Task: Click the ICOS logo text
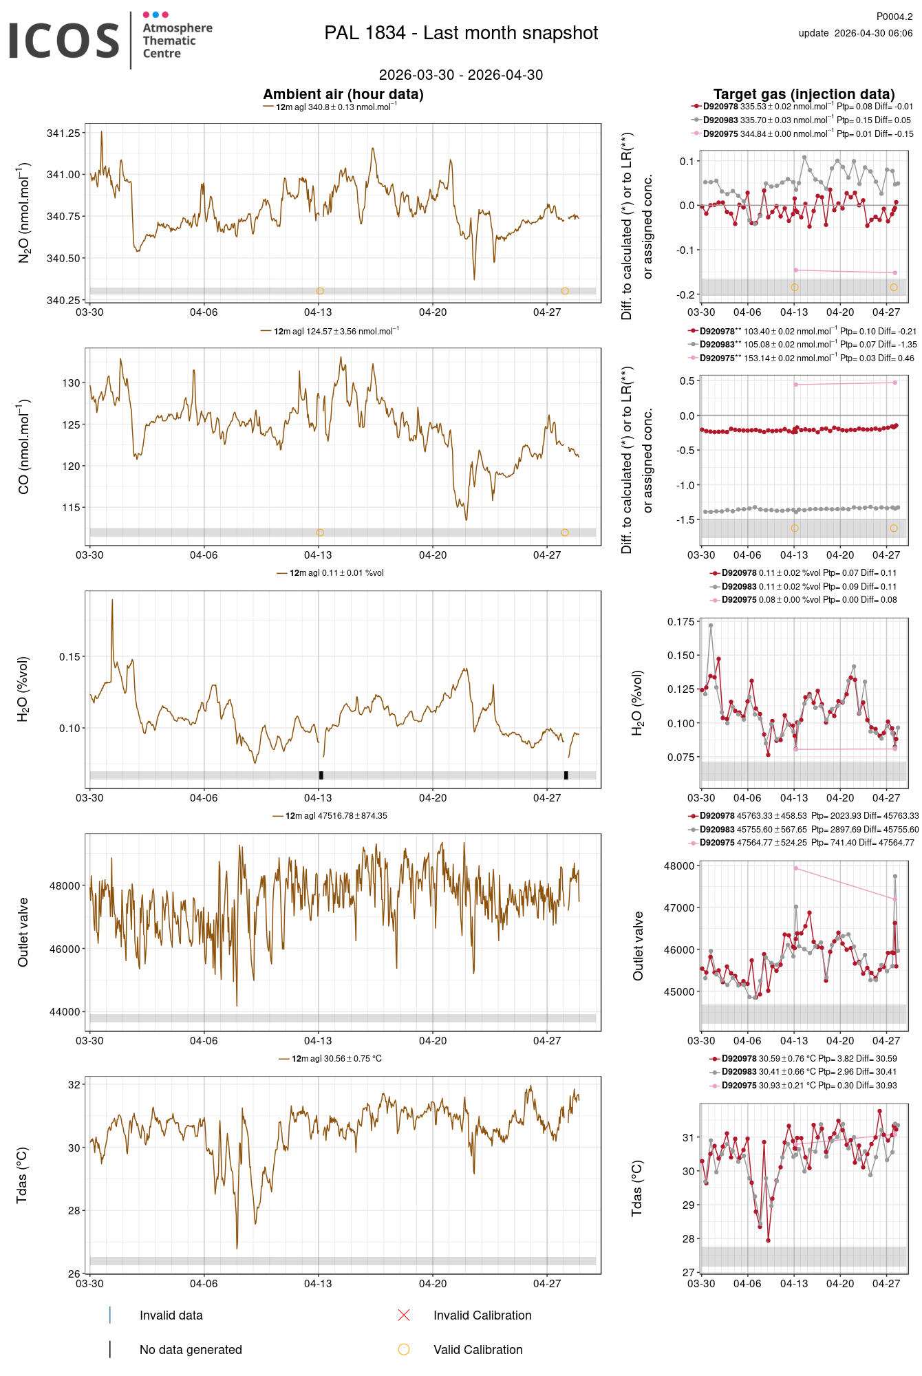pos(64,41)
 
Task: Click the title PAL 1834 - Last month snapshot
pos(461,33)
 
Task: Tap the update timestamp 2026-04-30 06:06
pos(872,33)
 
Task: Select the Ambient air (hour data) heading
pos(343,94)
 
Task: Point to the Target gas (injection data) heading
pos(804,94)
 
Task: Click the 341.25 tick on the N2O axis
pos(63,133)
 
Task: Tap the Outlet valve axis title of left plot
pos(23,932)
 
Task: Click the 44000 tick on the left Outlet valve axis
pos(65,1011)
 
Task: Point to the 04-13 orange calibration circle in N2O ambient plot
pos(320,291)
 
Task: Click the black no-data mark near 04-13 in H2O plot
pos(321,775)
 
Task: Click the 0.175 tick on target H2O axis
pos(680,621)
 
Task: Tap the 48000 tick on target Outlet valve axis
pos(678,866)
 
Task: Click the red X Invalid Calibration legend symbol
pos(404,1315)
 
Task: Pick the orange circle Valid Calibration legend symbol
pos(404,1349)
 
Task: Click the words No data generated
pos(191,1350)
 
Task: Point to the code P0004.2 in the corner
pos(894,17)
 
